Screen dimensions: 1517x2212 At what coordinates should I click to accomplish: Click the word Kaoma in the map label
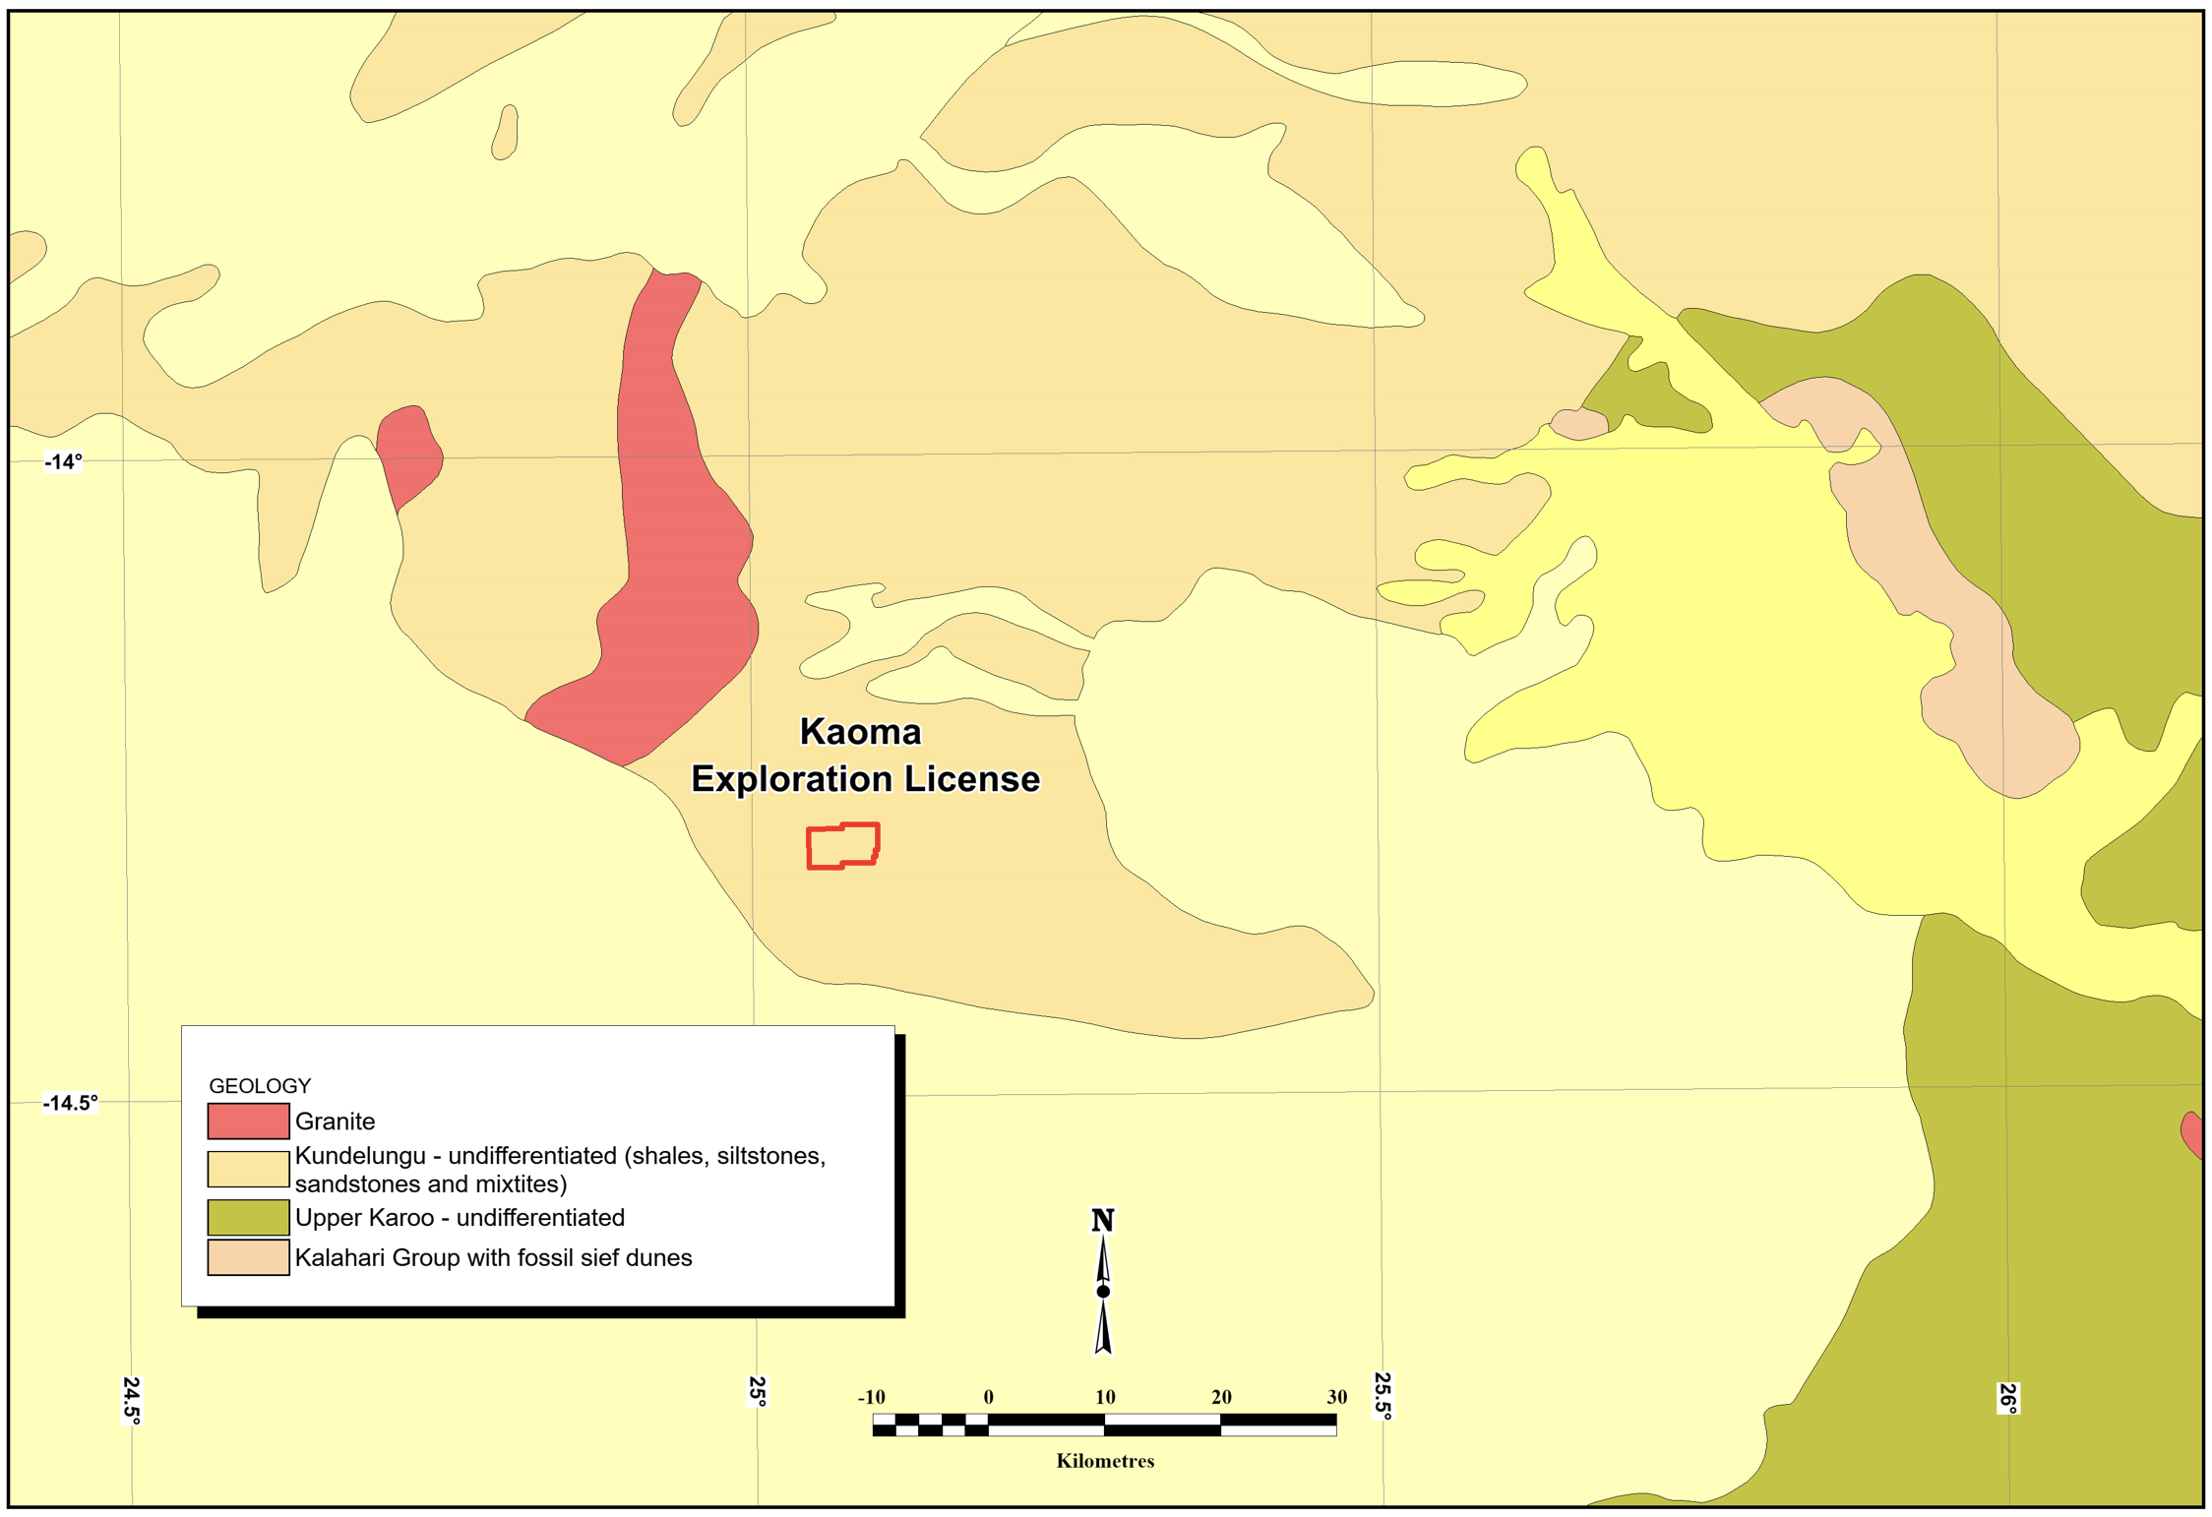pos(860,732)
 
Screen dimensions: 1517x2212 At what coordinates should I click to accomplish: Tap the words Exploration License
pos(865,779)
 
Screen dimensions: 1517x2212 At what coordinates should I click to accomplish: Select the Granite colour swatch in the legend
pos(248,1121)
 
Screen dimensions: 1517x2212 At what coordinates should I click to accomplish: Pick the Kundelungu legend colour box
pos(248,1169)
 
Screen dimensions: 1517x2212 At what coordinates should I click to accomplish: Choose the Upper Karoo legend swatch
pos(248,1217)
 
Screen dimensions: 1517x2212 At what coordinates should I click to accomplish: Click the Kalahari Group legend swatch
pos(248,1257)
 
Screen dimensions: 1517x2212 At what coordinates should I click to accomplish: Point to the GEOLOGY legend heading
pos(260,1085)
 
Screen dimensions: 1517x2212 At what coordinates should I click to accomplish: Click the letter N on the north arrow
pos(1102,1221)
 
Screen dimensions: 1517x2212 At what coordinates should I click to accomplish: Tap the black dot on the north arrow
pos(1103,1292)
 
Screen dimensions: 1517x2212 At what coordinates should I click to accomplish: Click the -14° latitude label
pos(64,461)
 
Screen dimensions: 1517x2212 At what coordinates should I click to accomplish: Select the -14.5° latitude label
pos(70,1103)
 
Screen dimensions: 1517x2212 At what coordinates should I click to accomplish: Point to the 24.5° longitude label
pos(132,1399)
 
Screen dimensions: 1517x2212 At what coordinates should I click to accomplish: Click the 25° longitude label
pos(757,1390)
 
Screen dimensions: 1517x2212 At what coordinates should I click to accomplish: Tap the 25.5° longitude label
pos(1382,1395)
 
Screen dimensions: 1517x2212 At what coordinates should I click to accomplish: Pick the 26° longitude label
pos(2007,1398)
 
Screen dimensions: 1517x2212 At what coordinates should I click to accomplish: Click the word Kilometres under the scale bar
pos(1105,1461)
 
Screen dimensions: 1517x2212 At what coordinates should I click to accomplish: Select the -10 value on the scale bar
pos(871,1397)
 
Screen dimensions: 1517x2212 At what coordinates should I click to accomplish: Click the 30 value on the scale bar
pos(1336,1397)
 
